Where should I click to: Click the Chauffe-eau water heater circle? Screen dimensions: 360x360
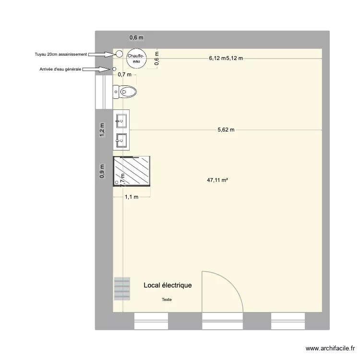click(x=134, y=58)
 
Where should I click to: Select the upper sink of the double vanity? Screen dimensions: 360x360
click(x=121, y=120)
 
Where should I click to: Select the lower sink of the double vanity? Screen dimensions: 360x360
click(x=121, y=140)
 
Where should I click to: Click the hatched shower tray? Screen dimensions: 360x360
click(x=132, y=171)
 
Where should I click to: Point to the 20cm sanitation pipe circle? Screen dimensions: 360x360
click(x=119, y=54)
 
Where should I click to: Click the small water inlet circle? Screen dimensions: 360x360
click(x=114, y=69)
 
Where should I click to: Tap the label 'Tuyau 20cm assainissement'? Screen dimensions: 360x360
click(x=61, y=55)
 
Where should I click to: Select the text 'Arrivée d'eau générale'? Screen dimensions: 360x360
click(x=60, y=70)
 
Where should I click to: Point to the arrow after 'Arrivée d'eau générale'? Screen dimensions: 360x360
click(x=97, y=70)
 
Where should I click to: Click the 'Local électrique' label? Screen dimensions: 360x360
click(x=168, y=285)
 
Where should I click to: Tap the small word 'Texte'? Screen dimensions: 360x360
click(x=167, y=300)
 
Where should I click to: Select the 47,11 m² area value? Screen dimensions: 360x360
click(x=217, y=181)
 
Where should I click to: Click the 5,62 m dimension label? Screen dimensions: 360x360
click(x=226, y=130)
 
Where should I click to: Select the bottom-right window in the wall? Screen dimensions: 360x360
click(x=288, y=320)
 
